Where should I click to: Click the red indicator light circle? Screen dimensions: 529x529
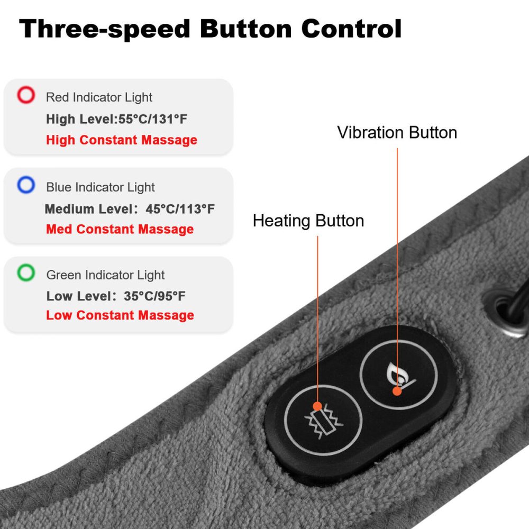click(26, 87)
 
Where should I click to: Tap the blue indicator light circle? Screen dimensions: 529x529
click(26, 177)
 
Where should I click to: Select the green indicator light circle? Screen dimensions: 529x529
click(26, 264)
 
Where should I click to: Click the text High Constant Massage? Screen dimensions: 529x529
click(122, 140)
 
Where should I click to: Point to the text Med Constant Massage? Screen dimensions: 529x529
click(120, 229)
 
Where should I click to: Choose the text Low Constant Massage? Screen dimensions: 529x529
click(120, 315)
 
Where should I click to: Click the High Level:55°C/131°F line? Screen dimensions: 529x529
click(116, 119)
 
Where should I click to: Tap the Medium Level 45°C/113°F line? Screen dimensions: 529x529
click(130, 209)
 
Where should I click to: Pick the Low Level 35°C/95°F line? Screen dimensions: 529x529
click(116, 296)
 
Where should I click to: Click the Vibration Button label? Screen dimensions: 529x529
click(397, 132)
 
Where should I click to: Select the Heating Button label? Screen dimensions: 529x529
click(308, 221)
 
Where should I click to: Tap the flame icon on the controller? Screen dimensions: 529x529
click(399, 375)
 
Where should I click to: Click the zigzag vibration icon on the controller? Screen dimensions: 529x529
click(323, 422)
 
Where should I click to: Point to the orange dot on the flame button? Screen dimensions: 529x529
click(397, 391)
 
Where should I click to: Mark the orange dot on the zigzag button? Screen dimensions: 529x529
click(317, 406)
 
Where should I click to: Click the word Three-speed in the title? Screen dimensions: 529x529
click(105, 29)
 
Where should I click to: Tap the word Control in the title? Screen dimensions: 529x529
click(351, 29)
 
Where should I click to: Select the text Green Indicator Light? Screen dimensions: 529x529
click(105, 275)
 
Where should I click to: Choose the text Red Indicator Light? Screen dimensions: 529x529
click(99, 97)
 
